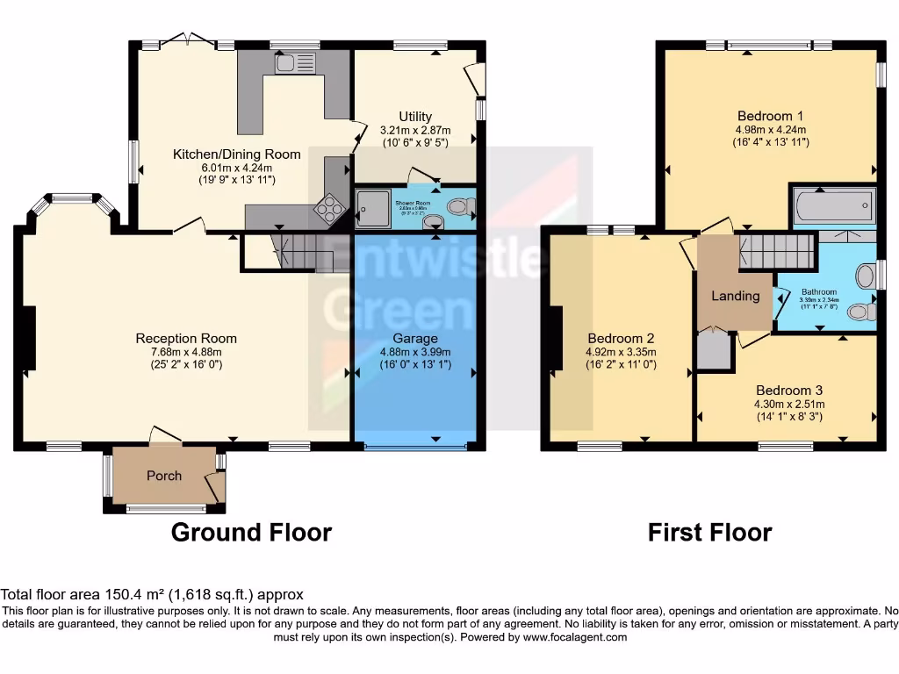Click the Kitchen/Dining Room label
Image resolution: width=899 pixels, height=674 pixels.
(x=236, y=154)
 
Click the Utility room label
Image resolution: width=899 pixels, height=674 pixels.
(x=415, y=117)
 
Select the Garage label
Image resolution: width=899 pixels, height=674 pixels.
(x=415, y=338)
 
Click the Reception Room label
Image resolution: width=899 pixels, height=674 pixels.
(x=186, y=338)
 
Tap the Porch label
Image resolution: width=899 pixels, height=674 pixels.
(x=164, y=476)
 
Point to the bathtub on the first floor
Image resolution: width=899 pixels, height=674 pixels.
(x=831, y=207)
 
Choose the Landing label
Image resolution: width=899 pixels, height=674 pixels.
(x=735, y=296)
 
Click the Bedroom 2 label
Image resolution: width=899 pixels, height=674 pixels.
(x=621, y=338)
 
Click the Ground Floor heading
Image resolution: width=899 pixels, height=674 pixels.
(x=251, y=532)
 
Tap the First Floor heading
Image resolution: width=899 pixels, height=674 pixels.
(x=709, y=532)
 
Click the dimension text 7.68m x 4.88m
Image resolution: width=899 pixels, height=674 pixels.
(x=186, y=352)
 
